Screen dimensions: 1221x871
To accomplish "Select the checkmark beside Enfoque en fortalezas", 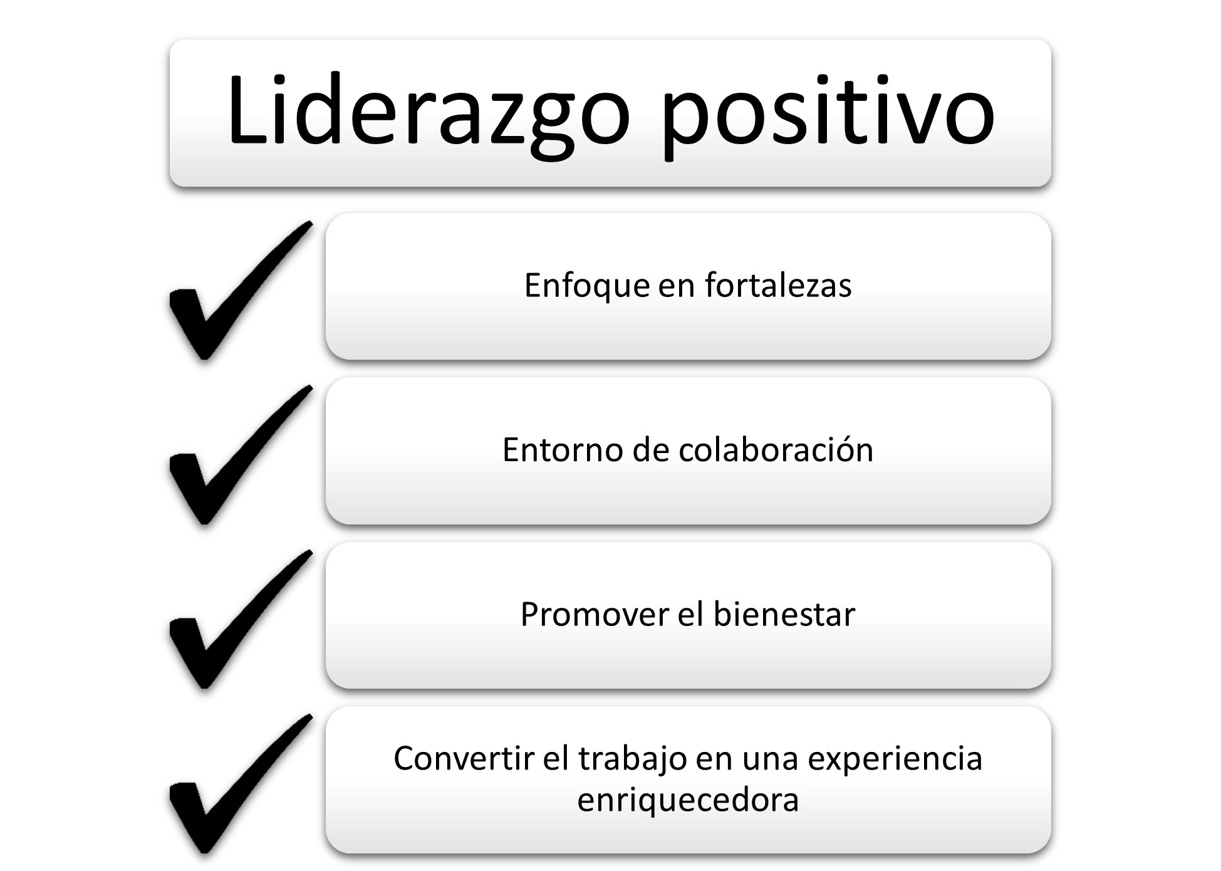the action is [x=241, y=290].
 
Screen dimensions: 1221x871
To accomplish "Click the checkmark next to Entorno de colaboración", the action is [x=241, y=455].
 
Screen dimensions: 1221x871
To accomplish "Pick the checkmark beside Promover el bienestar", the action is [x=241, y=619].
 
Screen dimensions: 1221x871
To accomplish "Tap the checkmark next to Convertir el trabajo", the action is [x=241, y=784].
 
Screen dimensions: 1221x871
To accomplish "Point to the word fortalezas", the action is [x=778, y=285].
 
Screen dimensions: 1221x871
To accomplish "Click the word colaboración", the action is [x=776, y=449].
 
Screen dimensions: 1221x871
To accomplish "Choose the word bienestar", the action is [x=784, y=614].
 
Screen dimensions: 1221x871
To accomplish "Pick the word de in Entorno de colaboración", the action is [x=651, y=450].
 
